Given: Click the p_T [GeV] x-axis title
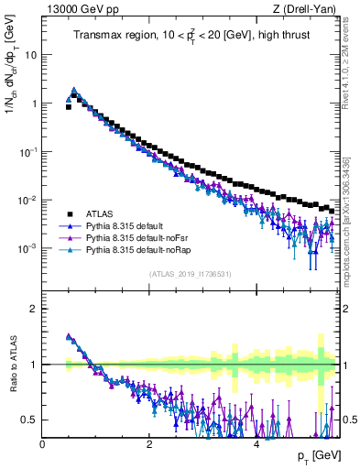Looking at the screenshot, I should tap(317, 456).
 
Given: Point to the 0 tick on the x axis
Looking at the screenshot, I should tap(43, 444).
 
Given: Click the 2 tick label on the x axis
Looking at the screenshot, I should tap(149, 444).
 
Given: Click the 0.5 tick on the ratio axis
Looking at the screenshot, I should tap(29, 420).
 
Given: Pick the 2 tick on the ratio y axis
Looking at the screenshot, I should tap(33, 309).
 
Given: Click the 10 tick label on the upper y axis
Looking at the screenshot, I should tap(29, 54).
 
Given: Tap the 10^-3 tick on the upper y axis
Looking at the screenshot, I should tap(27, 248).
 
